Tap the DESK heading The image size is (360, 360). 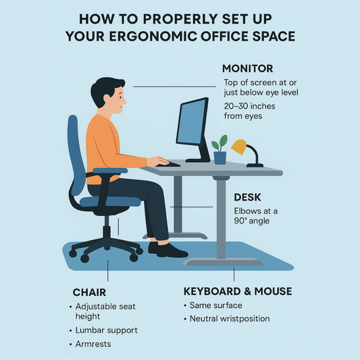click(247, 199)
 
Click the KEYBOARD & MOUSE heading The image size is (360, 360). click(238, 291)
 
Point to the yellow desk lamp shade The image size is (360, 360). click(238, 145)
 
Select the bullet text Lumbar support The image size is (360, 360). click(107, 330)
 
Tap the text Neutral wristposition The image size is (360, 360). click(230, 319)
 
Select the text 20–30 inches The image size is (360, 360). click(249, 106)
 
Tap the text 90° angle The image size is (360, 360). click(251, 222)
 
